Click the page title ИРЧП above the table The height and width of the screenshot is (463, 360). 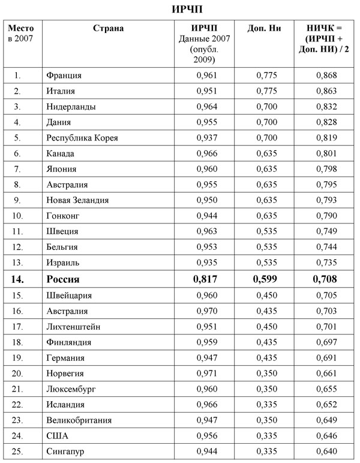[x=179, y=10]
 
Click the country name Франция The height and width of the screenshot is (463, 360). [x=64, y=75]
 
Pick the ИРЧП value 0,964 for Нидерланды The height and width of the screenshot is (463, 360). [x=206, y=106]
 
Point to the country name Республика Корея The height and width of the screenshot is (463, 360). [x=82, y=138]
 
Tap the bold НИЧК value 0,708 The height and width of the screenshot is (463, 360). [x=326, y=279]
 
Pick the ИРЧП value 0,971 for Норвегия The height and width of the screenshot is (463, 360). [x=206, y=373]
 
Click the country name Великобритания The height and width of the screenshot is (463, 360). [x=79, y=420]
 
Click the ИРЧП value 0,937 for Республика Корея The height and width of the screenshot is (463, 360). [x=206, y=138]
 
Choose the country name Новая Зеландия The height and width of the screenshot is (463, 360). [x=77, y=200]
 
